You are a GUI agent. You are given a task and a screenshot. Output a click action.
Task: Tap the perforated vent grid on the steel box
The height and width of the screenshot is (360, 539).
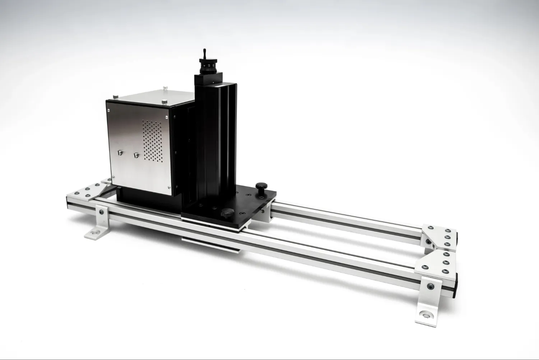[x=153, y=140]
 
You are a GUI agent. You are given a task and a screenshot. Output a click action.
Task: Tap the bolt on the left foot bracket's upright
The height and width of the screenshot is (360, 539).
[x=102, y=212]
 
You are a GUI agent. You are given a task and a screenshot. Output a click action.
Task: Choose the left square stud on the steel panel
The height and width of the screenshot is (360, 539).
[x=120, y=152]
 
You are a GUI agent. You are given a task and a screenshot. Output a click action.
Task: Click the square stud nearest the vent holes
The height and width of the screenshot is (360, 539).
[x=136, y=155]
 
